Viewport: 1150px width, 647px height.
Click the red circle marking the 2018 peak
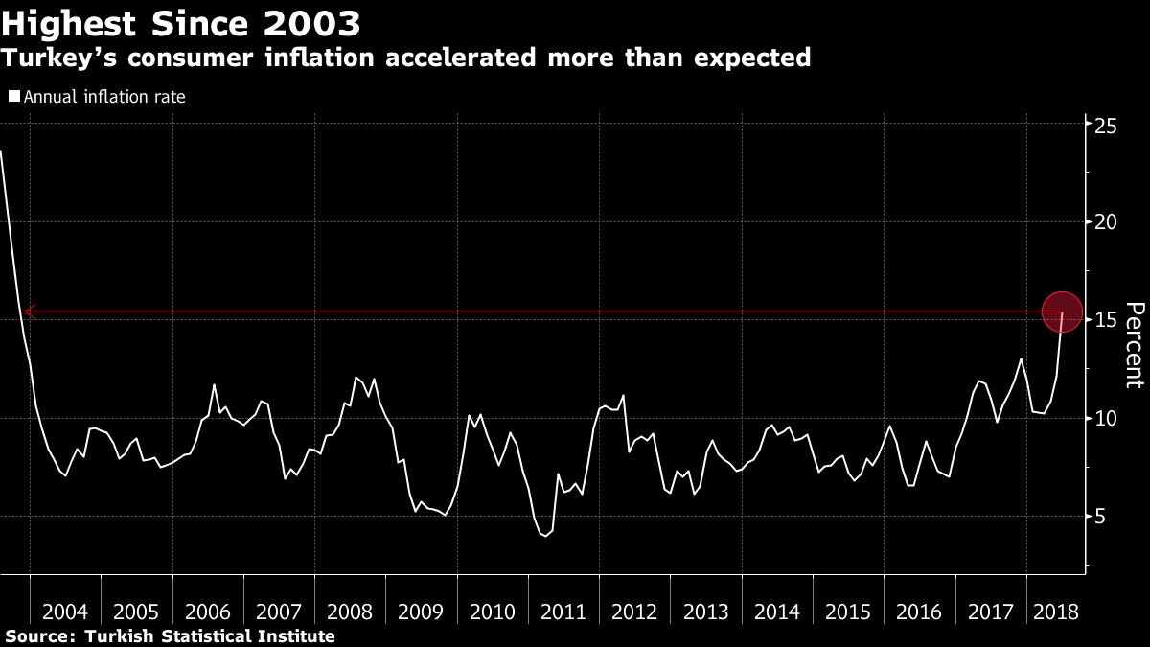pyautogui.click(x=1062, y=312)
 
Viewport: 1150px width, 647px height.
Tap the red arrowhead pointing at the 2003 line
pyautogui.click(x=30, y=312)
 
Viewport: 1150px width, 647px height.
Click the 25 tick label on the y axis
pyautogui.click(x=1107, y=125)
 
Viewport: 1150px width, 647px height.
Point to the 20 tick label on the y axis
pyautogui.click(x=1107, y=222)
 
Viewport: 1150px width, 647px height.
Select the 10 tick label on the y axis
pyautogui.click(x=1107, y=418)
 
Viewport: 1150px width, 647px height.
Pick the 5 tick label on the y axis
pyautogui.click(x=1101, y=516)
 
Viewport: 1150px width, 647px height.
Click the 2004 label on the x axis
pyautogui.click(x=66, y=612)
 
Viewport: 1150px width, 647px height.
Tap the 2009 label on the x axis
pyautogui.click(x=422, y=612)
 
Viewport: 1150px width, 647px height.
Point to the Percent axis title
pyautogui.click(x=1135, y=345)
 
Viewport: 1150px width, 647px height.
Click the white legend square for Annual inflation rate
pyautogui.click(x=13, y=96)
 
